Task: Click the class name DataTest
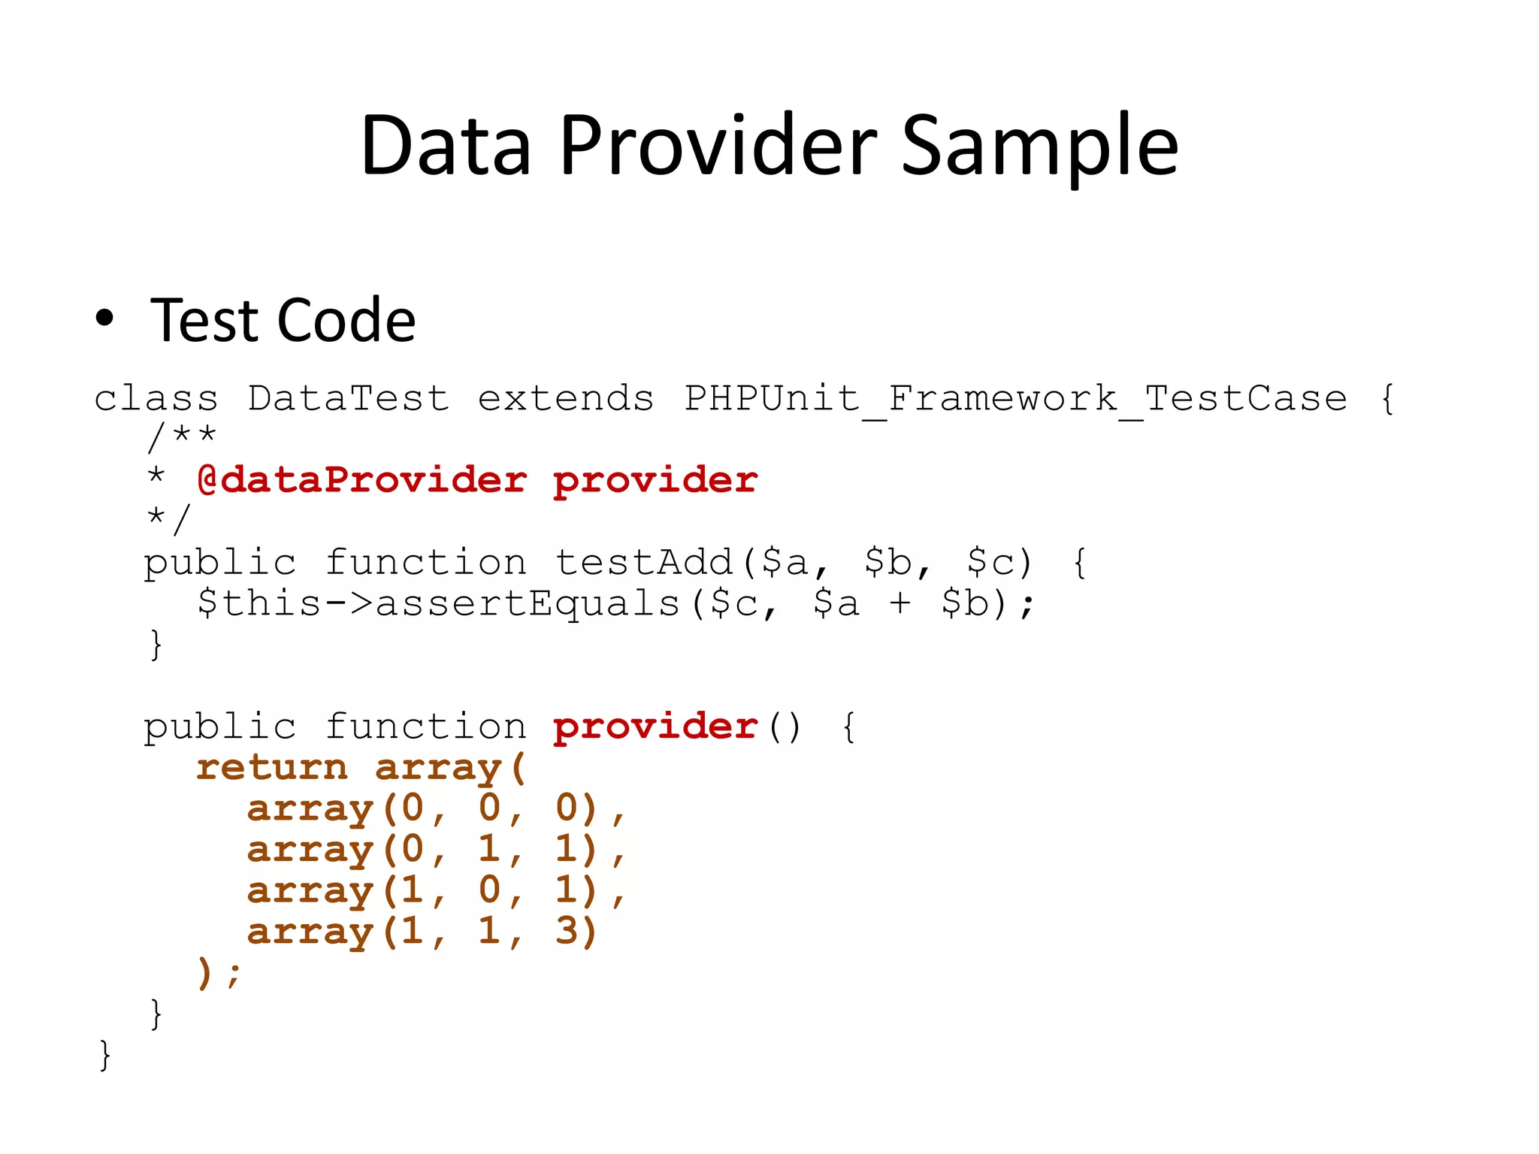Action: click(x=348, y=398)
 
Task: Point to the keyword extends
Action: click(x=565, y=398)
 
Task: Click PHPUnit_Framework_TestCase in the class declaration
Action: click(x=1015, y=398)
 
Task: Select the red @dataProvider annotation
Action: click(x=361, y=480)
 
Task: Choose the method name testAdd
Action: click(x=643, y=562)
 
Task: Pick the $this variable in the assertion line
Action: click(x=259, y=603)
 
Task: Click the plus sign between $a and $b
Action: click(x=900, y=603)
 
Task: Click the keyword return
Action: click(x=272, y=767)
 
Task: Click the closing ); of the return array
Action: click(x=219, y=973)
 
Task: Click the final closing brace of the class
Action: click(x=104, y=1056)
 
